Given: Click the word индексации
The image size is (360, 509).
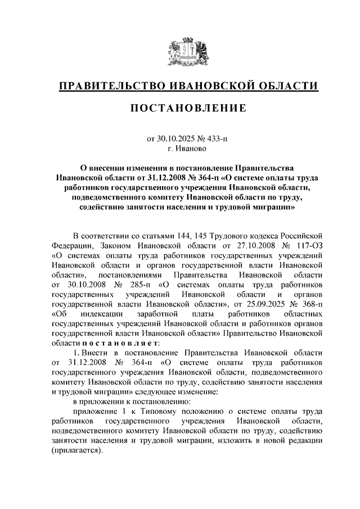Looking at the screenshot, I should [x=99, y=314].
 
